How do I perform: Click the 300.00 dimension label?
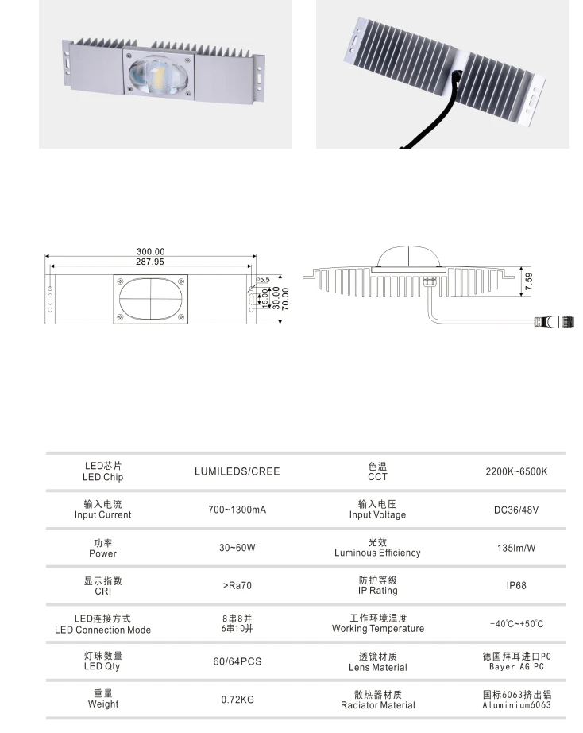150,252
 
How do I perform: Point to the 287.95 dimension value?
150,262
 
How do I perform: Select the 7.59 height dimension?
530,281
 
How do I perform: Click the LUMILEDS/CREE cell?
237,471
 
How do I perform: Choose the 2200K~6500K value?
516,471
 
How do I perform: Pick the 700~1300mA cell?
237,509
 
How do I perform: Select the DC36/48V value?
516,509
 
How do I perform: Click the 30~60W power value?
237,548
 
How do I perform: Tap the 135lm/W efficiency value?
516,548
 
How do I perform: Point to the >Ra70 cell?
237,586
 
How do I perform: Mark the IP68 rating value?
516,586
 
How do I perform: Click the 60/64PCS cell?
237,661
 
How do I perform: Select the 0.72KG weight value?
237,700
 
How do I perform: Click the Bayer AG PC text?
516,667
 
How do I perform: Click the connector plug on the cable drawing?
555,321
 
